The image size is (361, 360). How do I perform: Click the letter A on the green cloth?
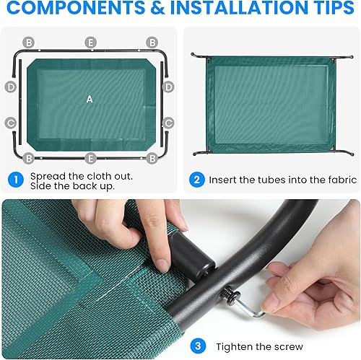click(x=90, y=100)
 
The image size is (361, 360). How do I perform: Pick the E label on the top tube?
click(x=90, y=43)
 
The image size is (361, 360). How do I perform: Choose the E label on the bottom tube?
click(x=90, y=157)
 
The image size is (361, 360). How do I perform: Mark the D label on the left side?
click(x=10, y=87)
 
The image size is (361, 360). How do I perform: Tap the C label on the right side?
click(x=168, y=123)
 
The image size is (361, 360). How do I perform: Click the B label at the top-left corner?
click(x=28, y=43)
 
